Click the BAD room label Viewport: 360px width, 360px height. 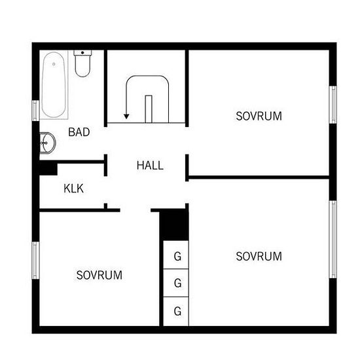point(79,132)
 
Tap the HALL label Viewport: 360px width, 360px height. point(150,166)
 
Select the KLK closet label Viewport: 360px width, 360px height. point(73,189)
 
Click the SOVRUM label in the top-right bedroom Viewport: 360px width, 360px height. point(259,116)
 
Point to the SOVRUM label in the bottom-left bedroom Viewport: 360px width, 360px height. point(99,275)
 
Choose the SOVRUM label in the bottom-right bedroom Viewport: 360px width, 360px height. point(259,256)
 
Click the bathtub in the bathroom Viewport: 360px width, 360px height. point(54,85)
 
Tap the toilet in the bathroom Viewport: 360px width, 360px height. point(82,63)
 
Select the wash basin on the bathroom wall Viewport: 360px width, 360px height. point(48,143)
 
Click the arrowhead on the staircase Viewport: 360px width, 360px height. point(126,117)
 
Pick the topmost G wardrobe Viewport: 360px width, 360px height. point(176,255)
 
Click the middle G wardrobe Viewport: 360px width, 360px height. point(176,283)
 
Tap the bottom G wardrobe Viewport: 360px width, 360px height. point(176,312)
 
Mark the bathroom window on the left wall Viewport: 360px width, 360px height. point(35,111)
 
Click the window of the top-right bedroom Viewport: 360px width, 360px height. point(333,105)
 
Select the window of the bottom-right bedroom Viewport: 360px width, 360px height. point(333,240)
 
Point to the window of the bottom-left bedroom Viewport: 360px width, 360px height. point(35,261)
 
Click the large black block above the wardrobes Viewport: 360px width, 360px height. point(174,225)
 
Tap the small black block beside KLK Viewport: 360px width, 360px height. point(48,170)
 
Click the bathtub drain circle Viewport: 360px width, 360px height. point(54,64)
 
